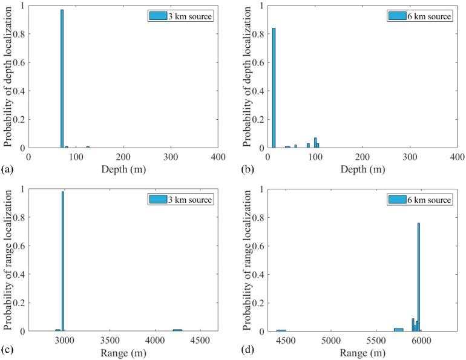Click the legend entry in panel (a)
click(180, 16)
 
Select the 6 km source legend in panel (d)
click(419, 200)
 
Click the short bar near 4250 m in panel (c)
click(177, 330)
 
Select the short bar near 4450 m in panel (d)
click(281, 330)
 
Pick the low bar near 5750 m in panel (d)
click(398, 329)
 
